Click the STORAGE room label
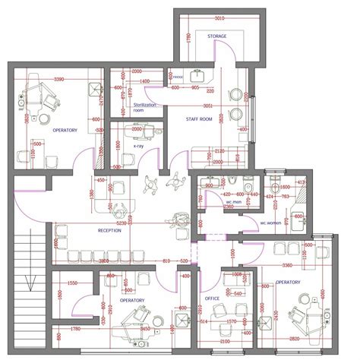coord(218,36)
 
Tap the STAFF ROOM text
coord(200,119)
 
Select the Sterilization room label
coord(144,107)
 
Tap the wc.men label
coord(232,203)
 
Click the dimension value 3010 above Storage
coord(219,16)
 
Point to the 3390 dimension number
coord(58,78)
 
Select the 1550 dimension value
coord(72,283)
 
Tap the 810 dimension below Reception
coord(166,261)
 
